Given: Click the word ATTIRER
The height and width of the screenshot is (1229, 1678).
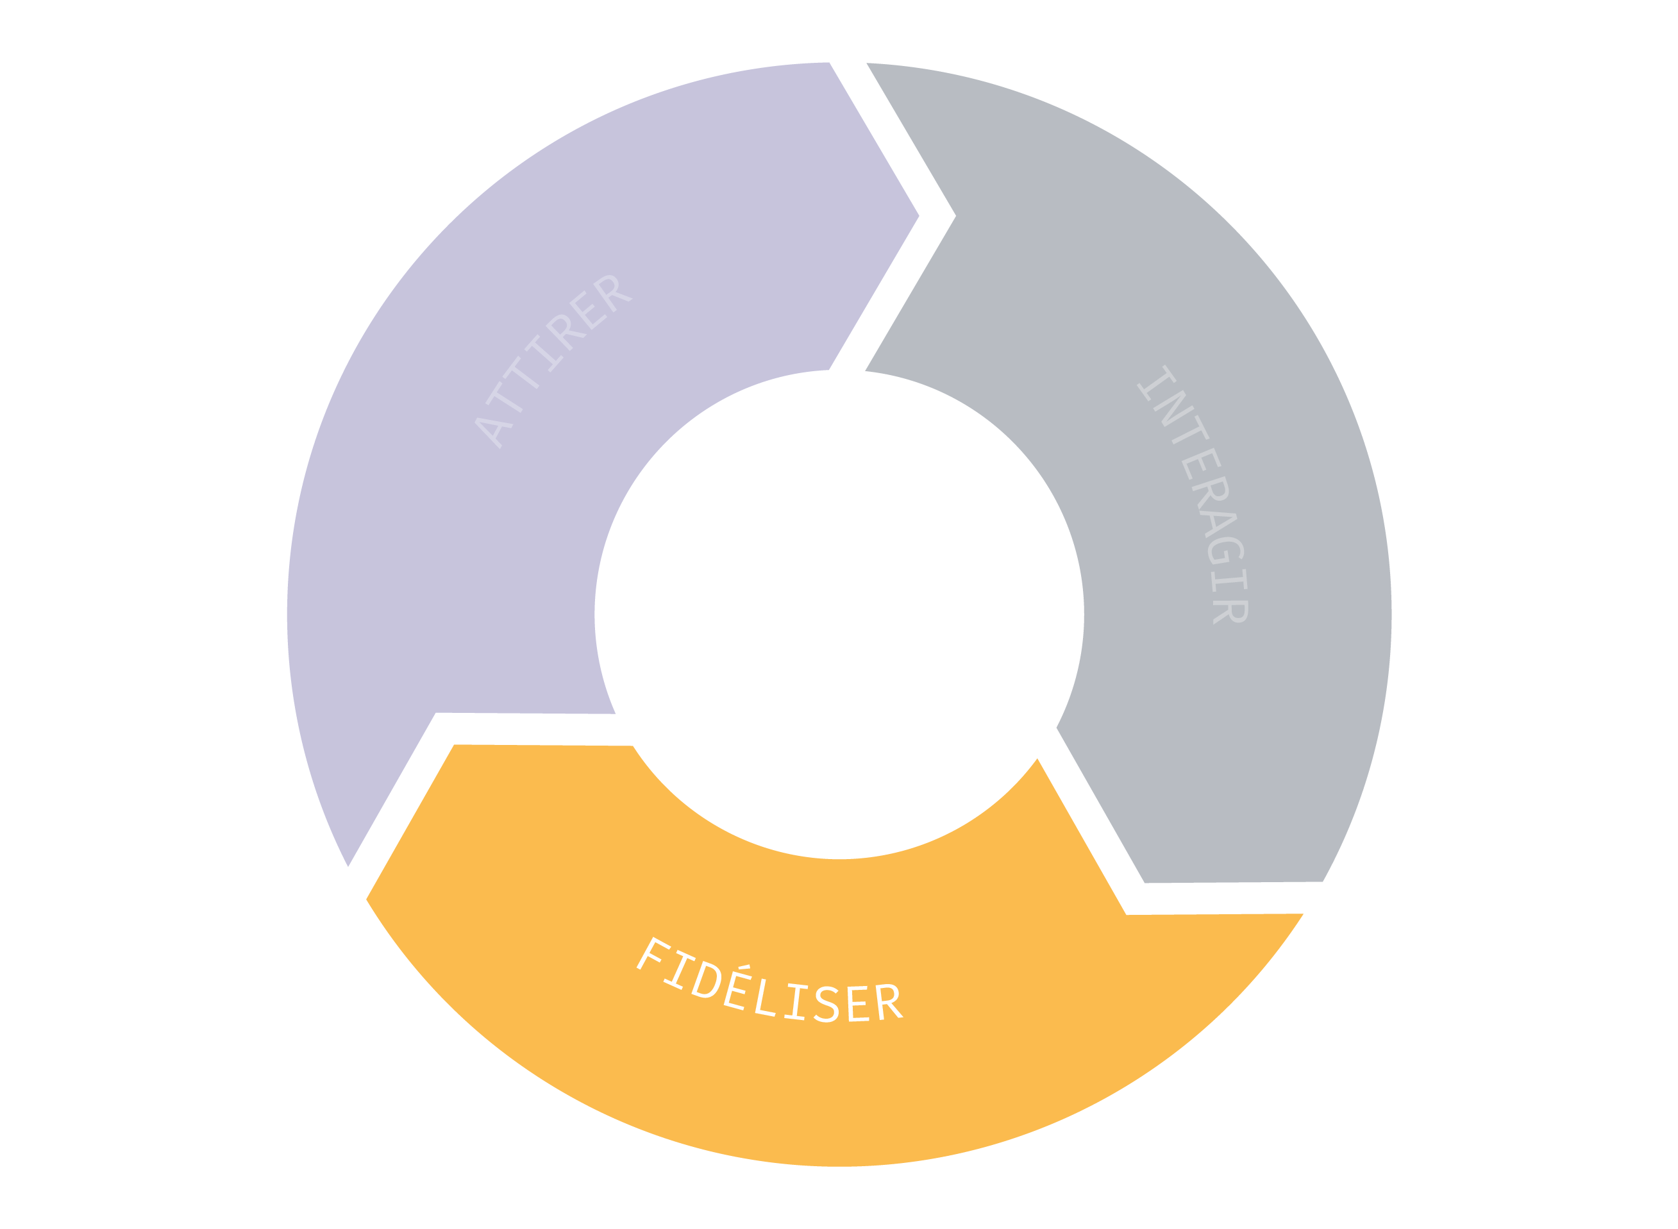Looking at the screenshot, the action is (553, 362).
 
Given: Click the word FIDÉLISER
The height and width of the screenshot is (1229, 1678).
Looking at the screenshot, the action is (769, 980).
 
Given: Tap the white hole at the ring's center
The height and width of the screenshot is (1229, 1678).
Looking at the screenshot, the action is (839, 614).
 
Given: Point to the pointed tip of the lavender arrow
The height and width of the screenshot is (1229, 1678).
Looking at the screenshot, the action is (919, 217).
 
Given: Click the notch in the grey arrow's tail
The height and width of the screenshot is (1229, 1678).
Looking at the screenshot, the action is (956, 217).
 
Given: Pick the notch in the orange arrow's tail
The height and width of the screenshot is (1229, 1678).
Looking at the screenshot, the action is (1127, 915).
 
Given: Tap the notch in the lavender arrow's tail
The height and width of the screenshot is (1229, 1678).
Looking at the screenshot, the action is (435, 713).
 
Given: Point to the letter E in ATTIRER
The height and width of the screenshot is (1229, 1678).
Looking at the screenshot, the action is (589, 310).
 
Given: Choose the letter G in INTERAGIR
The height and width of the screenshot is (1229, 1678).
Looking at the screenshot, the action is (1227, 551).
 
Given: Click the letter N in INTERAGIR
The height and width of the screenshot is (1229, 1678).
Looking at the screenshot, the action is (1174, 408).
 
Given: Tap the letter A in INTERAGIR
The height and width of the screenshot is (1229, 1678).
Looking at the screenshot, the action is (1218, 524).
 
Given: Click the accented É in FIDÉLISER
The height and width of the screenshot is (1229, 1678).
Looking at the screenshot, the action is (737, 988).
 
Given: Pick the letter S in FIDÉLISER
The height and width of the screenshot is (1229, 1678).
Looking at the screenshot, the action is (826, 1005).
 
